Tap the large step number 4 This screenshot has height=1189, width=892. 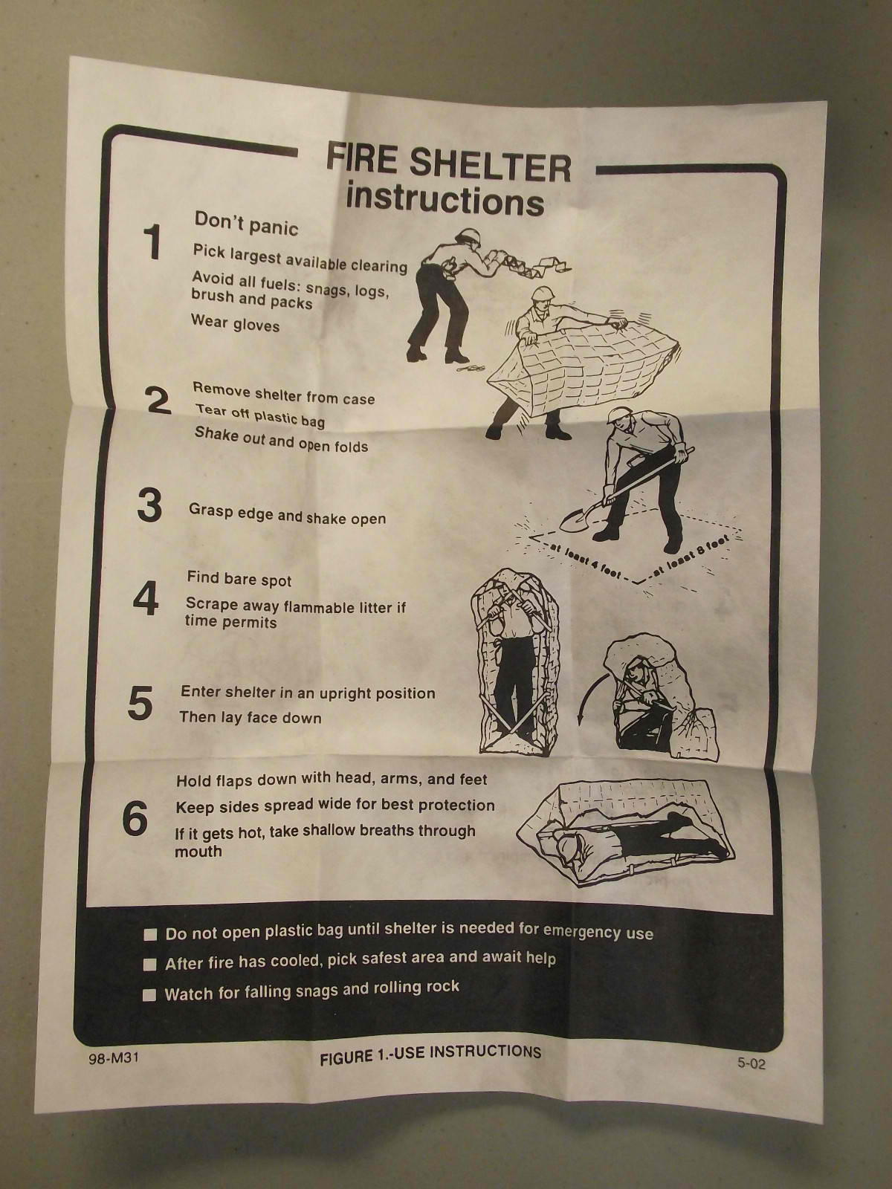click(x=146, y=598)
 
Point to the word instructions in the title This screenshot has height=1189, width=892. click(x=445, y=200)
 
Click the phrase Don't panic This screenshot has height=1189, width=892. click(x=247, y=224)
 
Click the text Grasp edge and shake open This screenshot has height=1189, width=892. click(x=287, y=513)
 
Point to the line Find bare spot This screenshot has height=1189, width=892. click(x=239, y=579)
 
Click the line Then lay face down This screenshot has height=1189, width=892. click(x=251, y=718)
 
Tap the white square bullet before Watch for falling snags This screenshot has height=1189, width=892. click(x=149, y=995)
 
